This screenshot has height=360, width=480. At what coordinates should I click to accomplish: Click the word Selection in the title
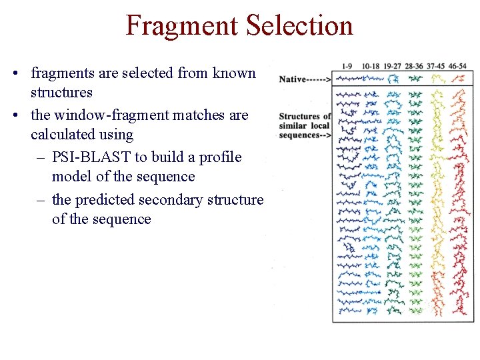pos(299,25)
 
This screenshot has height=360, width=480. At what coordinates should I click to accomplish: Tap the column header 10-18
pos(371,66)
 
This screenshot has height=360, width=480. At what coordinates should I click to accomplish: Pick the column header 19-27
pos(393,66)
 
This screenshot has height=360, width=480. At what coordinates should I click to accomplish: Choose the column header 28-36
pos(415,66)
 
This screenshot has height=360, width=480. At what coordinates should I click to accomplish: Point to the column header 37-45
pos(436,66)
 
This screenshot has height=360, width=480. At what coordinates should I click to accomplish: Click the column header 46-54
pos(458,66)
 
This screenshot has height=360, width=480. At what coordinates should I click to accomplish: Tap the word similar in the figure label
pos(293,125)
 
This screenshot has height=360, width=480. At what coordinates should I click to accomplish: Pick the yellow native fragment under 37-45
pos(437,79)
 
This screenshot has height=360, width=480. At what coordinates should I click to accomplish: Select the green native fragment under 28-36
pos(415,79)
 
